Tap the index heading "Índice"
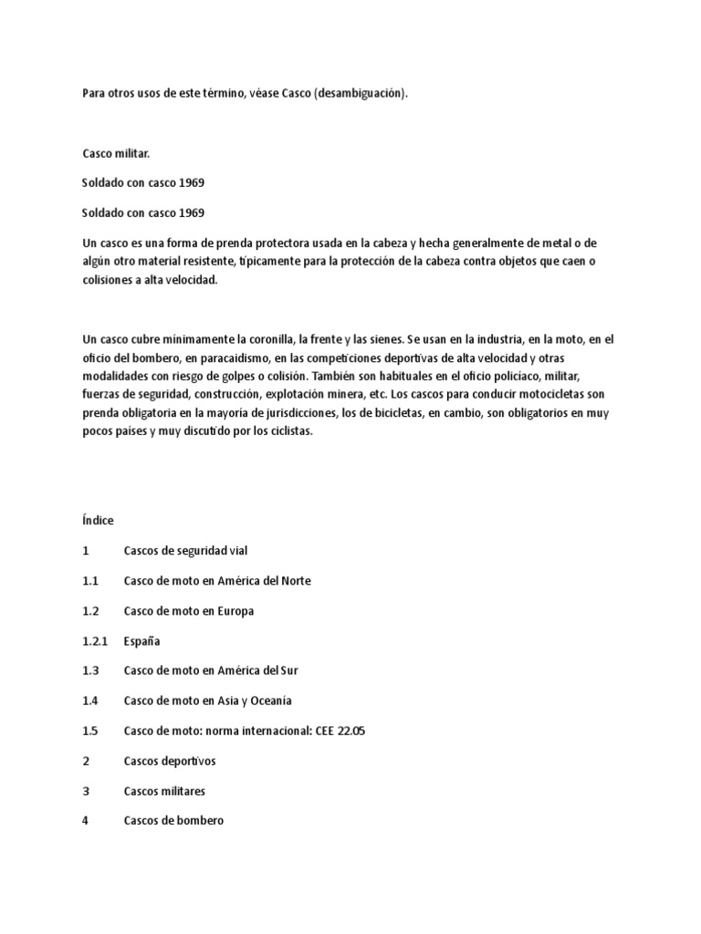(x=98, y=521)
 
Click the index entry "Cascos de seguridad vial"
(x=185, y=551)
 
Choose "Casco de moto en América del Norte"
(x=217, y=581)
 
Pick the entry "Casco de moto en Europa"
(x=189, y=611)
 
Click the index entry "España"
(x=142, y=641)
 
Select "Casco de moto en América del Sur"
(x=211, y=670)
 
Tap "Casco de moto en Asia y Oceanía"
(x=208, y=700)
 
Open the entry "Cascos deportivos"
(x=170, y=761)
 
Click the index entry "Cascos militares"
(x=164, y=791)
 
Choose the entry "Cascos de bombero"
(x=173, y=821)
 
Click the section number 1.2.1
(x=94, y=641)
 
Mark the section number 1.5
(x=89, y=731)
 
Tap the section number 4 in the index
(x=85, y=821)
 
